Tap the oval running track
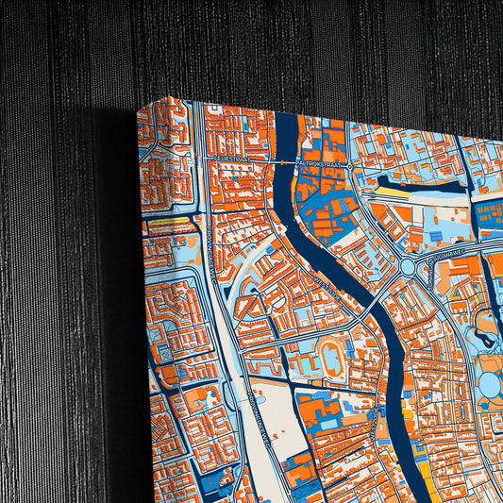pos(332,358)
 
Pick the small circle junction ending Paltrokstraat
pos(350,166)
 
